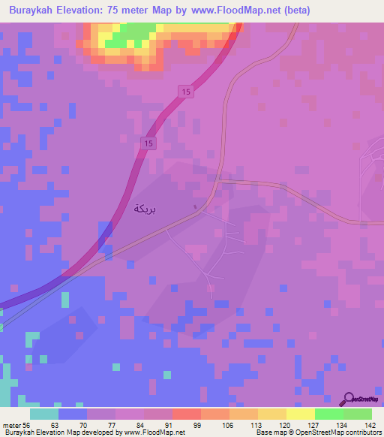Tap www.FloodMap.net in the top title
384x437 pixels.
click(x=230, y=11)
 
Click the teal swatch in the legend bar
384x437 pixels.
click(x=44, y=414)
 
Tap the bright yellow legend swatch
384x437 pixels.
click(x=300, y=414)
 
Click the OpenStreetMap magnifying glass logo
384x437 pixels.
click(x=349, y=398)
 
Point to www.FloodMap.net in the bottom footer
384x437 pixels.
click(x=156, y=432)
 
